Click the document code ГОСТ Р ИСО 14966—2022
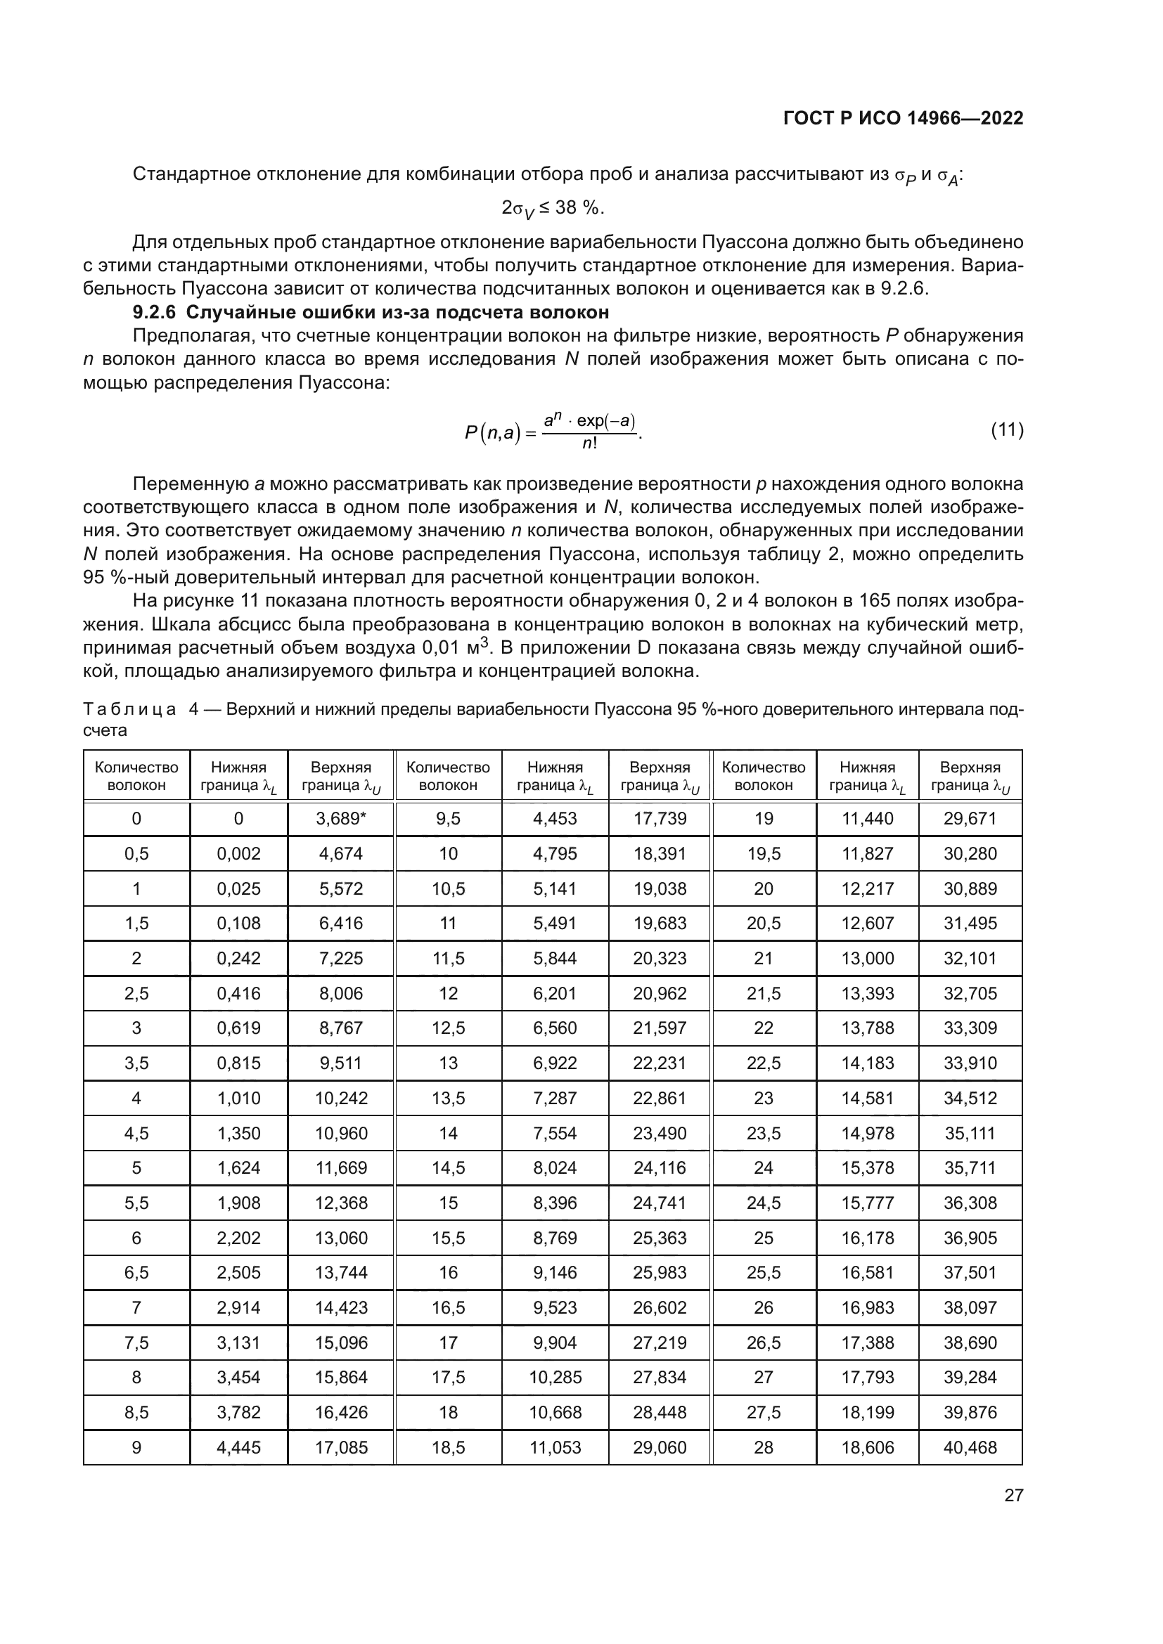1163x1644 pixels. pyautogui.click(x=903, y=119)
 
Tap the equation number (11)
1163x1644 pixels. pyautogui.click(x=1006, y=430)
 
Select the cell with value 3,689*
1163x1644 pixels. pyautogui.click(x=341, y=818)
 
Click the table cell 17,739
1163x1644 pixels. pyautogui.click(x=660, y=818)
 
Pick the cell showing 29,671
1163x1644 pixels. pyautogui.click(x=970, y=818)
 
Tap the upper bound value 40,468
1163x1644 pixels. pyautogui.click(x=970, y=1447)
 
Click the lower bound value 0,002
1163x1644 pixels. pyautogui.click(x=238, y=853)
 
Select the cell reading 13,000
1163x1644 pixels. pyautogui.click(x=867, y=958)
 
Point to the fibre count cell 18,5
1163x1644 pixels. pyautogui.click(x=449, y=1447)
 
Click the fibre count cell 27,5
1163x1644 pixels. pyautogui.click(x=764, y=1412)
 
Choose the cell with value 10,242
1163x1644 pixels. pyautogui.click(x=341, y=1098)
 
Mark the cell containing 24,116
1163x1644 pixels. pyautogui.click(x=660, y=1168)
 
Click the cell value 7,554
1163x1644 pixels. pyautogui.click(x=555, y=1133)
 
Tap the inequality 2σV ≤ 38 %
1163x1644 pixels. pyautogui.click(x=552, y=208)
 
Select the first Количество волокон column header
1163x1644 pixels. pyautogui.click(x=137, y=776)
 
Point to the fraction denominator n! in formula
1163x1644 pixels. pyautogui.click(x=589, y=444)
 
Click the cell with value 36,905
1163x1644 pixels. pyautogui.click(x=970, y=1237)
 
